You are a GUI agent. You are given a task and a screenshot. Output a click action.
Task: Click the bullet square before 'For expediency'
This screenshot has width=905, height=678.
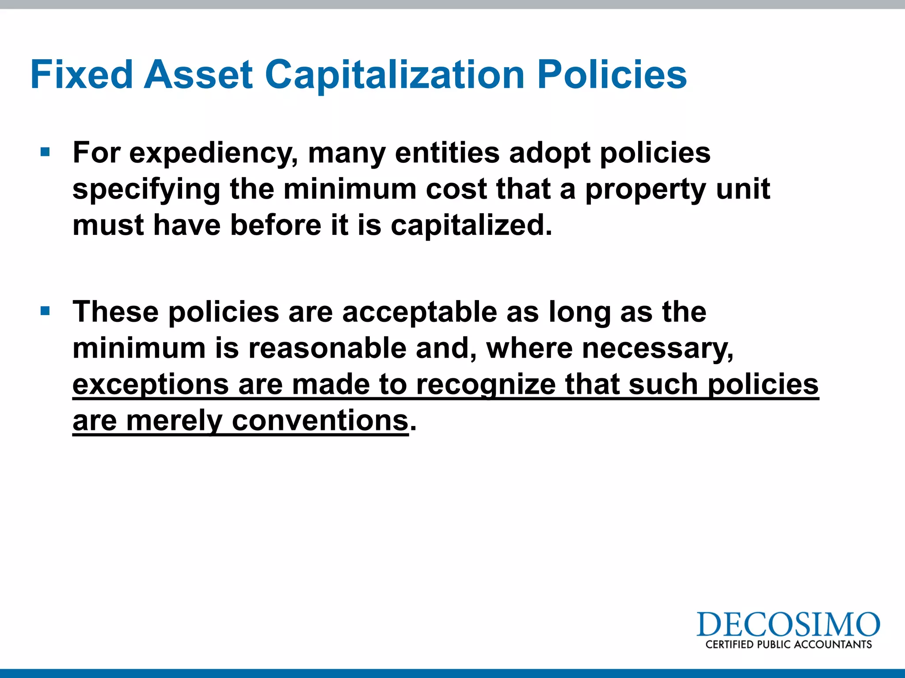[45, 152]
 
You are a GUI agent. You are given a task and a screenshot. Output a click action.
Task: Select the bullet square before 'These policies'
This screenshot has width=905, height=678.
[45, 311]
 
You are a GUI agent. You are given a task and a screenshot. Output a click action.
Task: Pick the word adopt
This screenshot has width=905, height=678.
[549, 154]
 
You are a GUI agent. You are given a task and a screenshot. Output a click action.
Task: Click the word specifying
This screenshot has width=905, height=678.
[146, 190]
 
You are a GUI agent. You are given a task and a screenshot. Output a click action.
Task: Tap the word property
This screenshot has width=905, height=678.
[646, 190]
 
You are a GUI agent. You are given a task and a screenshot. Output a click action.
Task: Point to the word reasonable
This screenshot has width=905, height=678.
[327, 348]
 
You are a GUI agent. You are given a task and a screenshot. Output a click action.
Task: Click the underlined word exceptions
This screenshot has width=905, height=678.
[150, 385]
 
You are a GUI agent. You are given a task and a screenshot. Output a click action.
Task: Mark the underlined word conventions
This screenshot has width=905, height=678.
[320, 421]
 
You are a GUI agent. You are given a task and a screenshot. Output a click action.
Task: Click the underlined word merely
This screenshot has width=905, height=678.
[174, 421]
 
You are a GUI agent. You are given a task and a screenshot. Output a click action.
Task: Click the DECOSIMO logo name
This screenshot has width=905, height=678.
[788, 624]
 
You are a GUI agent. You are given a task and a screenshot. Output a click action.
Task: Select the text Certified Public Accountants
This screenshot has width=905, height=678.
[788, 644]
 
